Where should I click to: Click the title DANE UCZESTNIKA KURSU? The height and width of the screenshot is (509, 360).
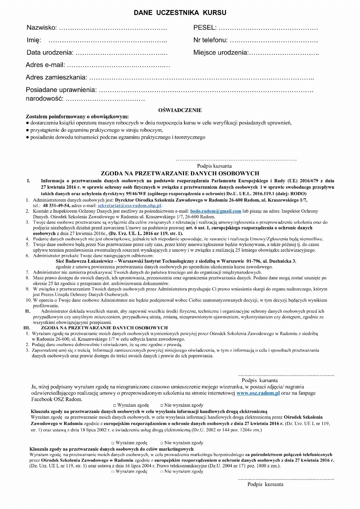180,13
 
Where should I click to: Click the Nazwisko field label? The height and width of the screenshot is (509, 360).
42,28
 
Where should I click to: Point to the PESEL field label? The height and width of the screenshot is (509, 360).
205,28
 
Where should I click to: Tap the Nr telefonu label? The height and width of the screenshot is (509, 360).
210,40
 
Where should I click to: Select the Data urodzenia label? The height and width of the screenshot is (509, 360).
50,53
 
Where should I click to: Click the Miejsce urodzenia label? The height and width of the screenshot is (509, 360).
221,53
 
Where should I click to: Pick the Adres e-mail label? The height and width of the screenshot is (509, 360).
45,65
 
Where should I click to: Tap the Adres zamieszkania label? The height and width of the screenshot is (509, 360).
56,78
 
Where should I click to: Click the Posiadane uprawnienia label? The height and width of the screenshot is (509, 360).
61,90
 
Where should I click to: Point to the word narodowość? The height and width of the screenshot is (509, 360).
45,99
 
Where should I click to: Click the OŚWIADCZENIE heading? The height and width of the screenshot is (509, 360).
180,110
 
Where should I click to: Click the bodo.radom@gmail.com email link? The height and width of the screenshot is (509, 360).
215,211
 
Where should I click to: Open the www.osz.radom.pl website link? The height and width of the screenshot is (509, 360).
258,393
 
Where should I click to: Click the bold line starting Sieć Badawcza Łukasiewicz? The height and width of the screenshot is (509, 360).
176,261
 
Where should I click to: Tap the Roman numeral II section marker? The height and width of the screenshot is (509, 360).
28,311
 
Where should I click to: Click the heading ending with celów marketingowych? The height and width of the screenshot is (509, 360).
111,449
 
